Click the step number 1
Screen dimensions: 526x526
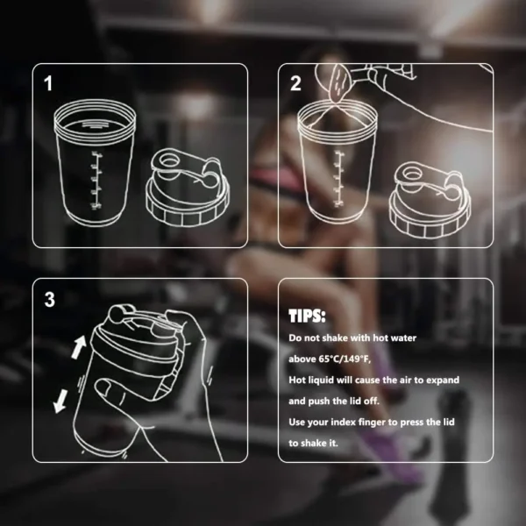(49, 84)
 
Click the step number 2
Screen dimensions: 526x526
(295, 84)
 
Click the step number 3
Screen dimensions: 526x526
(50, 299)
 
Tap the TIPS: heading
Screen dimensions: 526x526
(307, 316)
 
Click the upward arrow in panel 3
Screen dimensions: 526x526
(77, 347)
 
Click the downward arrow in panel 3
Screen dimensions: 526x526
(61, 401)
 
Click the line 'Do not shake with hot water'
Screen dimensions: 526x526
(353, 338)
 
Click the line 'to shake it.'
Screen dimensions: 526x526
(314, 444)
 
